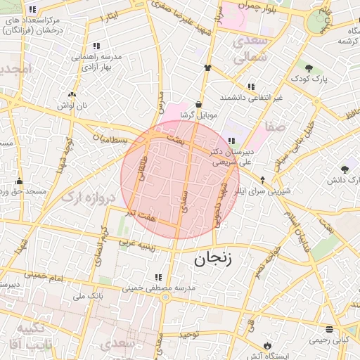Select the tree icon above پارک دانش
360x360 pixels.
tap(344, 169)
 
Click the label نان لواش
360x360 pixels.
tap(72, 105)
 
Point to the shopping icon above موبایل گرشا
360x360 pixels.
tap(200, 103)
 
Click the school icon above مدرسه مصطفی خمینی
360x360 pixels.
tap(158, 277)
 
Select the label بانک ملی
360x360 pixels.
tap(89, 297)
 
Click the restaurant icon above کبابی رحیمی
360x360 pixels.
tap(329, 329)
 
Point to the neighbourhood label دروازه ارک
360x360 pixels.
tap(88, 198)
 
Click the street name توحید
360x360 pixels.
tap(190, 334)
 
